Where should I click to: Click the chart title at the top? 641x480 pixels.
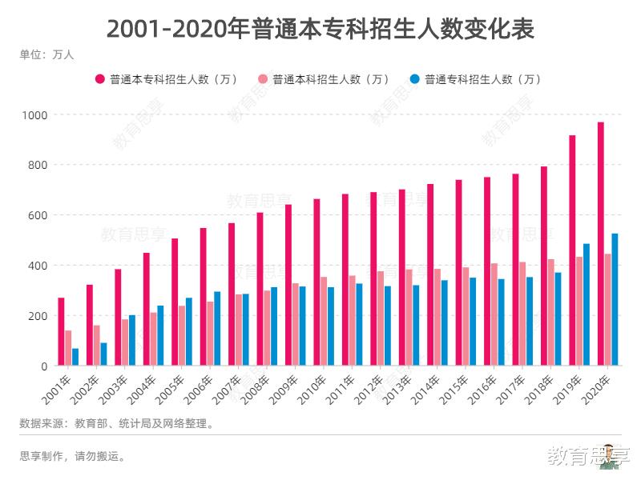320,29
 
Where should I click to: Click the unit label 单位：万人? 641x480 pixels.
46,55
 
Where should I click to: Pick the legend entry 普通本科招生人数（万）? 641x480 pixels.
324,79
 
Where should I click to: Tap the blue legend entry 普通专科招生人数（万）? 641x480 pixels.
476,79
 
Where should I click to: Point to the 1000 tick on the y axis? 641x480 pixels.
35,115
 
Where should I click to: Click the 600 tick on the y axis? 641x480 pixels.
38,215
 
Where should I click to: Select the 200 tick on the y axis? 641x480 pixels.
38,316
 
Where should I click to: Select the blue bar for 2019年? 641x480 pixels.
587,305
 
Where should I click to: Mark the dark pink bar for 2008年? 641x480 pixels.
260,289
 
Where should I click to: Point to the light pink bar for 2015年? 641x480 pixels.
466,317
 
